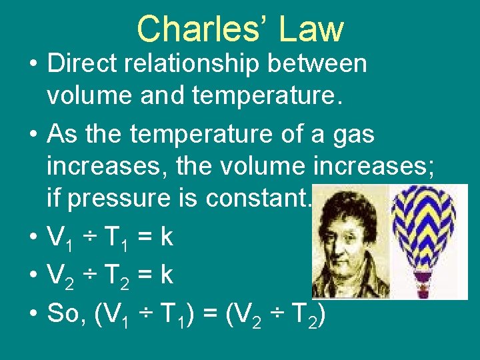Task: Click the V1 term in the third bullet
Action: (x=61, y=237)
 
